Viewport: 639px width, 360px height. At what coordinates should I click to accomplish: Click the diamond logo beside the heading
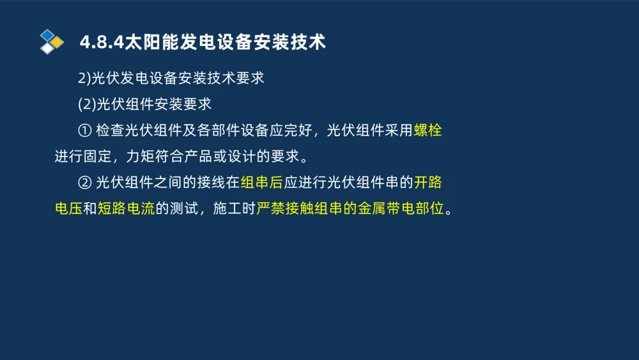click(51, 42)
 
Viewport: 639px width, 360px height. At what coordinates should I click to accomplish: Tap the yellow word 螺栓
click(427, 130)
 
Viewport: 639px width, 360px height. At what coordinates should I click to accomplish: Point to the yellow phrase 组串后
click(261, 182)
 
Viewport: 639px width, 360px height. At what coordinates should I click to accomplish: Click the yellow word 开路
click(427, 182)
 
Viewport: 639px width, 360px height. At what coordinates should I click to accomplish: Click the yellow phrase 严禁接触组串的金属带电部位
click(350, 208)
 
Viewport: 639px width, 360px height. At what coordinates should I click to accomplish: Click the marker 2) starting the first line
click(85, 79)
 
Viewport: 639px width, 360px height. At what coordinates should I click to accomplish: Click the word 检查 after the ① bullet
click(110, 130)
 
